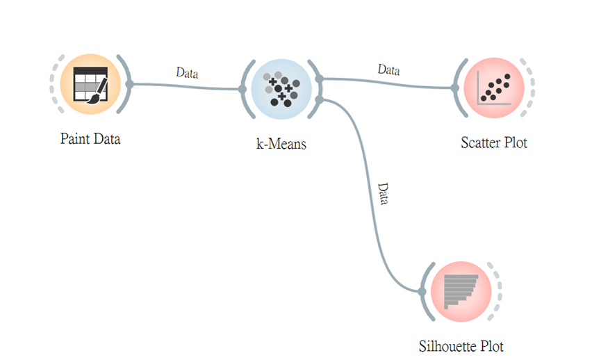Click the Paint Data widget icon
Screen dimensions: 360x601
[x=90, y=84]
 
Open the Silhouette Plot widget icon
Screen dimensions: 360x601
[x=460, y=292]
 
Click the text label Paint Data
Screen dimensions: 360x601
[x=90, y=139]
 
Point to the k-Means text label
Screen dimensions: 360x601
[x=281, y=145]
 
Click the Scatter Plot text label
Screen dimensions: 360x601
[x=494, y=143]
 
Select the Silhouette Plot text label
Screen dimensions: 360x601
[x=461, y=346]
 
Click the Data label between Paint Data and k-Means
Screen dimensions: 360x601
[x=188, y=72]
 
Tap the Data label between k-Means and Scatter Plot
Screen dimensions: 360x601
[x=389, y=69]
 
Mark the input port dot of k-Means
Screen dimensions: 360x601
[x=242, y=89]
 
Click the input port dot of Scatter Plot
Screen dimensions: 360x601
[x=454, y=88]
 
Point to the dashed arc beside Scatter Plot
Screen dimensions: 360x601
[x=531, y=88]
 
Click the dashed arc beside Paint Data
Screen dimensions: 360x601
[x=53, y=84]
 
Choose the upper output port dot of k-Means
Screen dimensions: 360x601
[x=319, y=79]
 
